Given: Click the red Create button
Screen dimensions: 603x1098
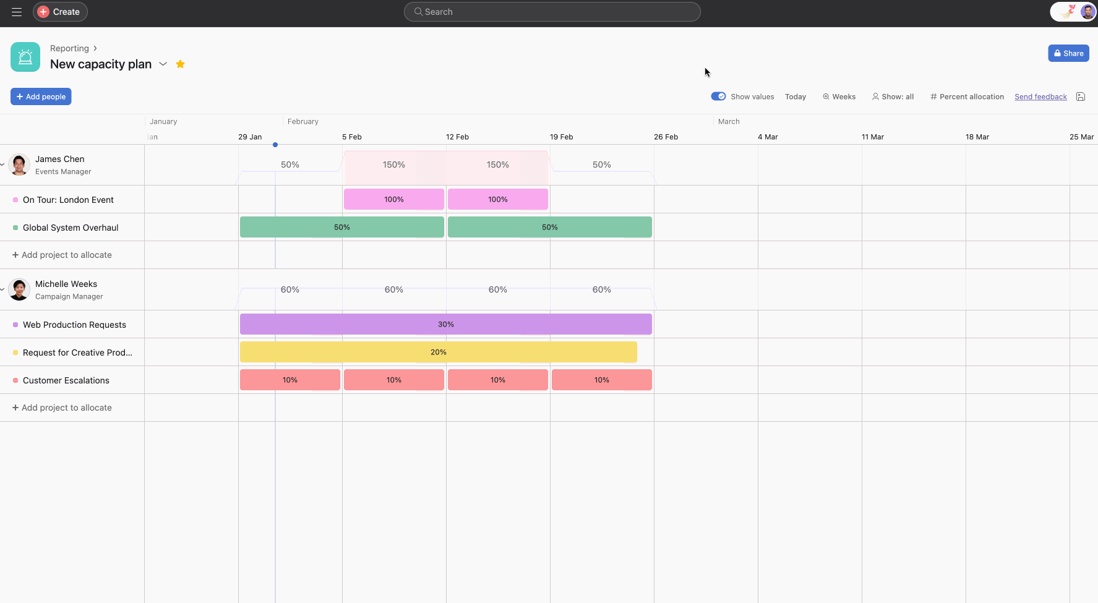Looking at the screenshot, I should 60,12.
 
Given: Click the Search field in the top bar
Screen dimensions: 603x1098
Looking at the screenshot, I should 552,12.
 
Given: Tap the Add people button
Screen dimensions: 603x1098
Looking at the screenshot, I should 41,96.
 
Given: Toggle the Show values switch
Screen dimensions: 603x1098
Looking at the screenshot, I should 718,96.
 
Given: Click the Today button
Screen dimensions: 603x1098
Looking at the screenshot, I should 796,96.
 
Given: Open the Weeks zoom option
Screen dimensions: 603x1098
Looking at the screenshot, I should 839,96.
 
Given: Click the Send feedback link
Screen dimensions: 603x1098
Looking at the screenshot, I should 1040,96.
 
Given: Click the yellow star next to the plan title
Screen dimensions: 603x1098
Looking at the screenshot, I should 181,64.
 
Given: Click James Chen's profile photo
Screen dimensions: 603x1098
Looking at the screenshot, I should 19,165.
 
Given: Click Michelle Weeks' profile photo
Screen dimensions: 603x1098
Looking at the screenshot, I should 19,289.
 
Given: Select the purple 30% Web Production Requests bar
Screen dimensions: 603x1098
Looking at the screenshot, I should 445,324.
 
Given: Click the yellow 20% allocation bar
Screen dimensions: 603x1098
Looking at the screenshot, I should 438,352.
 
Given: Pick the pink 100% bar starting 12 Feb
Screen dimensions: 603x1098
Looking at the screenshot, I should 497,199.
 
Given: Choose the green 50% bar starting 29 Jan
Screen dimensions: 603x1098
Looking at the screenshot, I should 341,227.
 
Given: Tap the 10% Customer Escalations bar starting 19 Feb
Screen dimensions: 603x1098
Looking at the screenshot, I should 601,380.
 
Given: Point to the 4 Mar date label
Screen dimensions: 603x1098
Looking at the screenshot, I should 768,137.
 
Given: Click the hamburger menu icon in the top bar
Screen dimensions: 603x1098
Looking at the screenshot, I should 17,12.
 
